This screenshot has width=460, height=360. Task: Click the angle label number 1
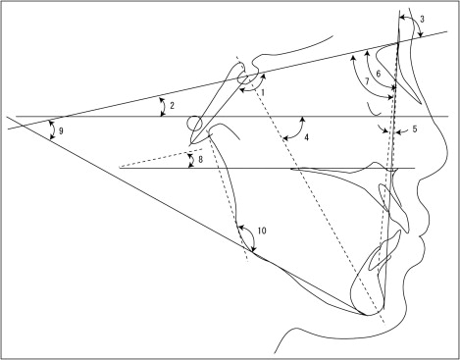pyautogui.click(x=263, y=92)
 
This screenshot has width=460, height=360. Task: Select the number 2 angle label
pyautogui.click(x=173, y=106)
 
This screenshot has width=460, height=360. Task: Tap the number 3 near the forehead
pyautogui.click(x=422, y=19)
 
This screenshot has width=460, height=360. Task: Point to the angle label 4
pyautogui.click(x=306, y=137)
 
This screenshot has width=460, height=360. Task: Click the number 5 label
pyautogui.click(x=415, y=129)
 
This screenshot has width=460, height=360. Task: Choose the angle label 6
pyautogui.click(x=379, y=74)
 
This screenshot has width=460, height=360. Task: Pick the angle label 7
pyautogui.click(x=367, y=81)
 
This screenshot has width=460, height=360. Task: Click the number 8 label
pyautogui.click(x=200, y=159)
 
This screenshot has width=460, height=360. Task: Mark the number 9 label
pyautogui.click(x=61, y=131)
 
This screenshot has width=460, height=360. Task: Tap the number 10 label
pyautogui.click(x=262, y=231)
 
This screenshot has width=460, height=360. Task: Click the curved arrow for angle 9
pyautogui.click(x=53, y=130)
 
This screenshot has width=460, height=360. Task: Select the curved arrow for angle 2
pyautogui.click(x=162, y=107)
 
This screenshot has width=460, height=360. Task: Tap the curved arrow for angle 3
pyautogui.click(x=413, y=20)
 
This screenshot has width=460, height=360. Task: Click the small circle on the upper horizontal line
pyautogui.click(x=194, y=124)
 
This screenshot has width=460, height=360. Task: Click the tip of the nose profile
pyautogui.click(x=446, y=153)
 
